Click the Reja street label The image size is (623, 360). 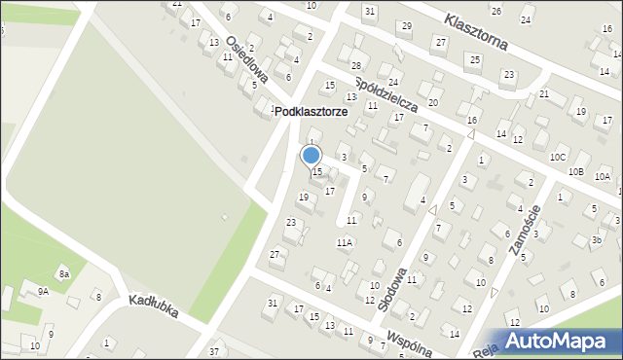(485, 348)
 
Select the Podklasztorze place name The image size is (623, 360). (311, 112)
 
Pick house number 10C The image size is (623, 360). (557, 157)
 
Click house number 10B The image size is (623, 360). (575, 172)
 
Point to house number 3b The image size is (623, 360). (596, 239)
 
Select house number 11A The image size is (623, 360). (345, 242)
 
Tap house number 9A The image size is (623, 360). (43, 291)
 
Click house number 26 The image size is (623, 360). (495, 11)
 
